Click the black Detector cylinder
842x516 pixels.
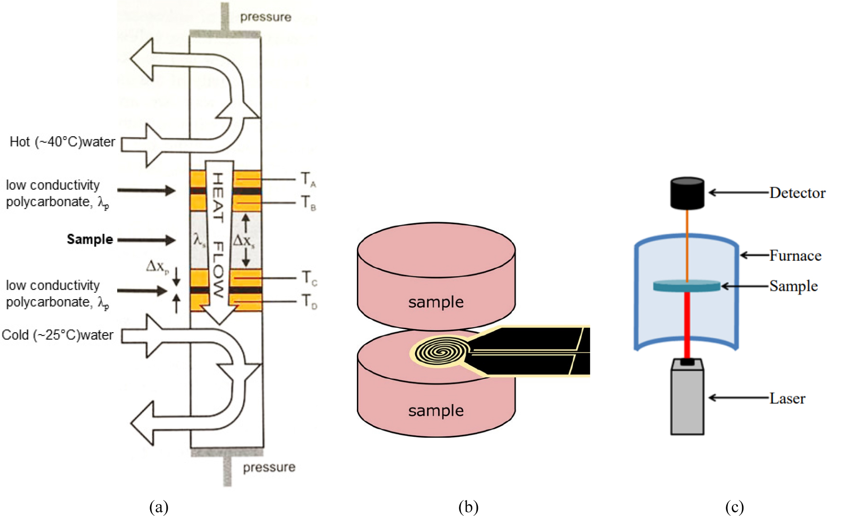tap(687, 193)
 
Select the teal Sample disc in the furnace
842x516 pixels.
tap(686, 286)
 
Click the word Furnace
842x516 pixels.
tap(795, 256)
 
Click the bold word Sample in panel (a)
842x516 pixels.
tap(90, 239)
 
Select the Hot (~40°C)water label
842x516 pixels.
tap(62, 142)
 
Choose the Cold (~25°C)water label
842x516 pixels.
tap(57, 335)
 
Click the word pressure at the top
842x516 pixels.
tap(265, 17)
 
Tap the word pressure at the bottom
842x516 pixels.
tap(269, 467)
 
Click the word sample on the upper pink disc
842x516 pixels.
tap(436, 302)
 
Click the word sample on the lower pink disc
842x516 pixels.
tap(436, 411)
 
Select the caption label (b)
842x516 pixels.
tap(468, 507)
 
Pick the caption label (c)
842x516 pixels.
tap(734, 507)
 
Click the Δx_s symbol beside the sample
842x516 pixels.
tap(244, 240)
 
